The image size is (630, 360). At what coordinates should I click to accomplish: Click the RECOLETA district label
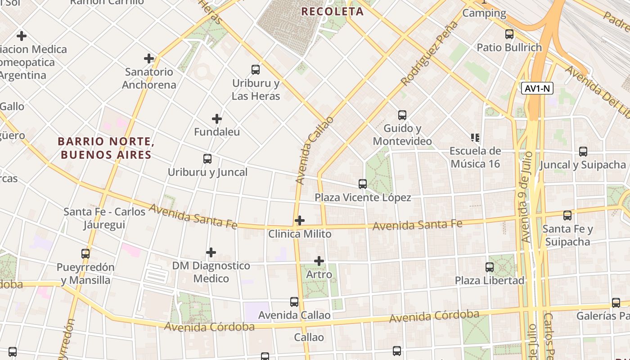click(332, 12)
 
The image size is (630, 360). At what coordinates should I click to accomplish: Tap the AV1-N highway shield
click(537, 88)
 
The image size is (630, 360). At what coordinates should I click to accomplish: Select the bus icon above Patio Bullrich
click(509, 34)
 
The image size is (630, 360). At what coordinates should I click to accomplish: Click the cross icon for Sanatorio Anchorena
click(149, 58)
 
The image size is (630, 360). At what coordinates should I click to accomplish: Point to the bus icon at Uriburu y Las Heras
click(256, 70)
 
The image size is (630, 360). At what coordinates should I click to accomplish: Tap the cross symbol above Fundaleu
click(217, 119)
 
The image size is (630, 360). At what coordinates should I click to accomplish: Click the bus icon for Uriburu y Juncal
click(207, 159)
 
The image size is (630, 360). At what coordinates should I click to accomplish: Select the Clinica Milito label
click(300, 234)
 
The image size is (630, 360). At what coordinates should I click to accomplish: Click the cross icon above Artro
click(319, 261)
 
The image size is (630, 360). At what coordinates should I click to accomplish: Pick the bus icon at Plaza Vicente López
click(363, 184)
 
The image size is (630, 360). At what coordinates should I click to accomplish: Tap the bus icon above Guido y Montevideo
click(402, 115)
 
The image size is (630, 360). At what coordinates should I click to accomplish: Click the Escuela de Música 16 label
click(475, 157)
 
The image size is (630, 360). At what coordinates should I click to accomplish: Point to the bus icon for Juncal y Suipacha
click(583, 152)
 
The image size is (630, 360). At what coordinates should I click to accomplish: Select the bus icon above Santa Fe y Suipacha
click(567, 216)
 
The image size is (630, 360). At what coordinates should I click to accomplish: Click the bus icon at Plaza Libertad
click(490, 267)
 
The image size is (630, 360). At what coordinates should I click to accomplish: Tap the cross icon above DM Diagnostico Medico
click(211, 252)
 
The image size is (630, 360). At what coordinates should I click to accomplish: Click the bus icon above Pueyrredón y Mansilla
click(85, 254)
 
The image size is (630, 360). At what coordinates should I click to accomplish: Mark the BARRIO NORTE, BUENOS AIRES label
click(106, 148)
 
